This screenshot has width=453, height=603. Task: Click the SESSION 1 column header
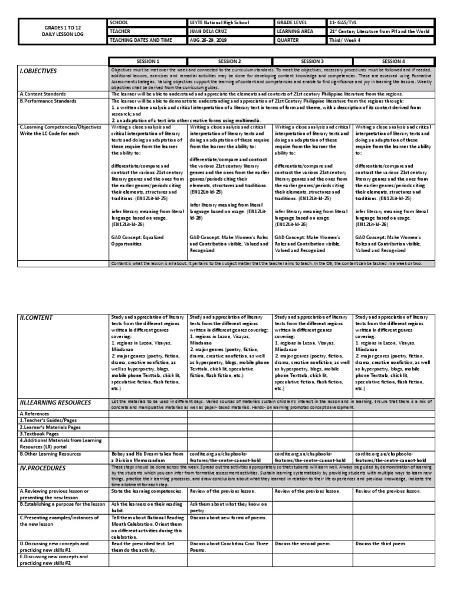(148, 61)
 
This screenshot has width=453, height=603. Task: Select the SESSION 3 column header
(312, 61)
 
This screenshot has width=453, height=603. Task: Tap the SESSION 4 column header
(393, 61)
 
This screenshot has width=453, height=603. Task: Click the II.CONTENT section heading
(37, 318)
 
